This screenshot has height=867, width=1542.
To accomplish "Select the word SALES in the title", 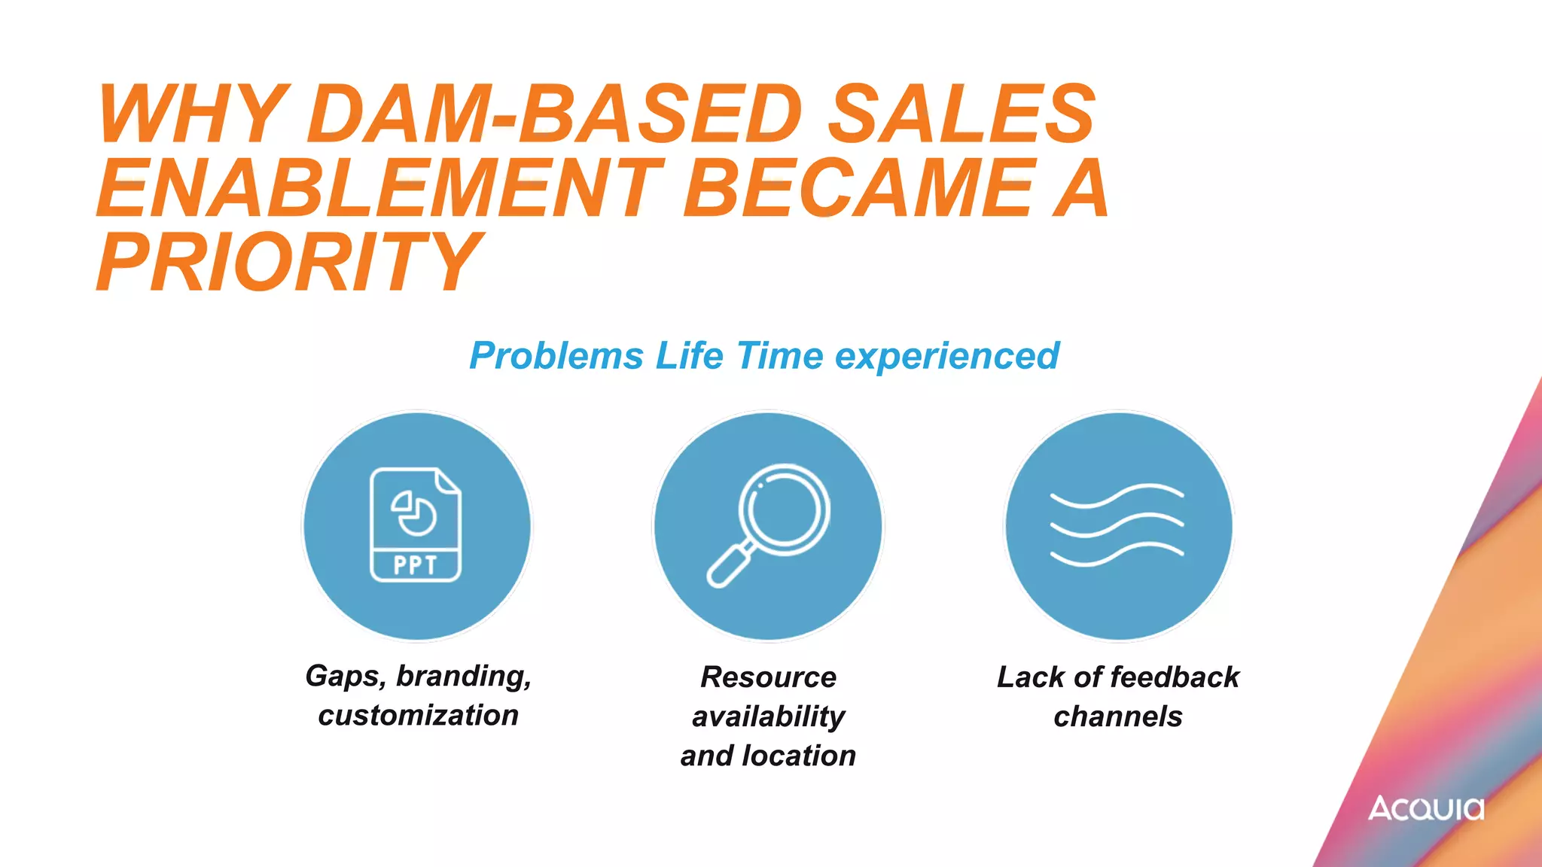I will [x=961, y=114].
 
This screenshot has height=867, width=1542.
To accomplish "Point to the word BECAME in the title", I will [x=858, y=188].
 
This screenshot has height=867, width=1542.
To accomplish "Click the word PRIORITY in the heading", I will [x=289, y=262].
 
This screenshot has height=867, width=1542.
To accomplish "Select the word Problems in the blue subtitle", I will [x=556, y=356].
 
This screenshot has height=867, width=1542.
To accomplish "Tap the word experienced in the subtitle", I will [x=947, y=356].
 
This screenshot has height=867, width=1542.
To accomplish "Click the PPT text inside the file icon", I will [x=415, y=565].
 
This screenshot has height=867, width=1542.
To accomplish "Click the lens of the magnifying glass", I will [x=784, y=509].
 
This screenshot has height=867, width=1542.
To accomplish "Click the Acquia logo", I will [x=1426, y=808].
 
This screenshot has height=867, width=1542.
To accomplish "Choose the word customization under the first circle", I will [x=418, y=716].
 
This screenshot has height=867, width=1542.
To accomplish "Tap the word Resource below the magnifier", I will [x=768, y=677].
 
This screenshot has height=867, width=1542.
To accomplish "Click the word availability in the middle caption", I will [x=768, y=716].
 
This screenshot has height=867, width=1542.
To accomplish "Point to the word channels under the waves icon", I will [x=1117, y=716].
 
